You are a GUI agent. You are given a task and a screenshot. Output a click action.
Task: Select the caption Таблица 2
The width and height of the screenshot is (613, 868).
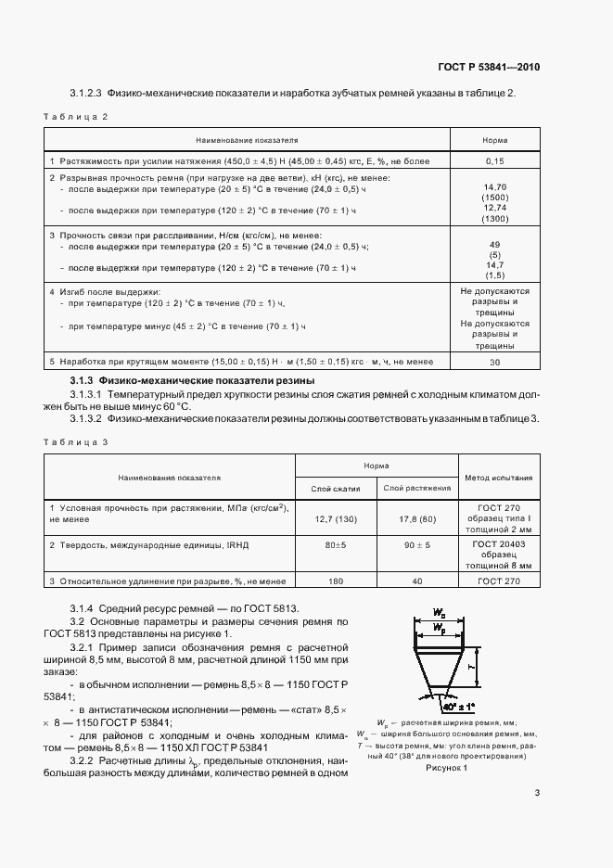tap(76, 117)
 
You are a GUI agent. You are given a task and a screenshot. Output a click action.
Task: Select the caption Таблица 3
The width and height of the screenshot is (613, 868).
tap(76, 441)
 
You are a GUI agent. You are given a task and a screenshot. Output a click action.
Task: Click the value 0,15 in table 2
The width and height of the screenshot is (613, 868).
tap(495, 160)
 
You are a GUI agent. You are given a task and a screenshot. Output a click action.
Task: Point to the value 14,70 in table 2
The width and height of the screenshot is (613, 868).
tap(495, 187)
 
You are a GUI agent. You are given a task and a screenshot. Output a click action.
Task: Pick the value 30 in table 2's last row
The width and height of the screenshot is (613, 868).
tap(495, 362)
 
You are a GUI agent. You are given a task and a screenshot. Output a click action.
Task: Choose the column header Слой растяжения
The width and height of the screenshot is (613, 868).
tap(418, 488)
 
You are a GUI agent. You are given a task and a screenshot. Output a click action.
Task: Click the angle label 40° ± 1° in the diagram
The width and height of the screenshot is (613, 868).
tap(452, 706)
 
